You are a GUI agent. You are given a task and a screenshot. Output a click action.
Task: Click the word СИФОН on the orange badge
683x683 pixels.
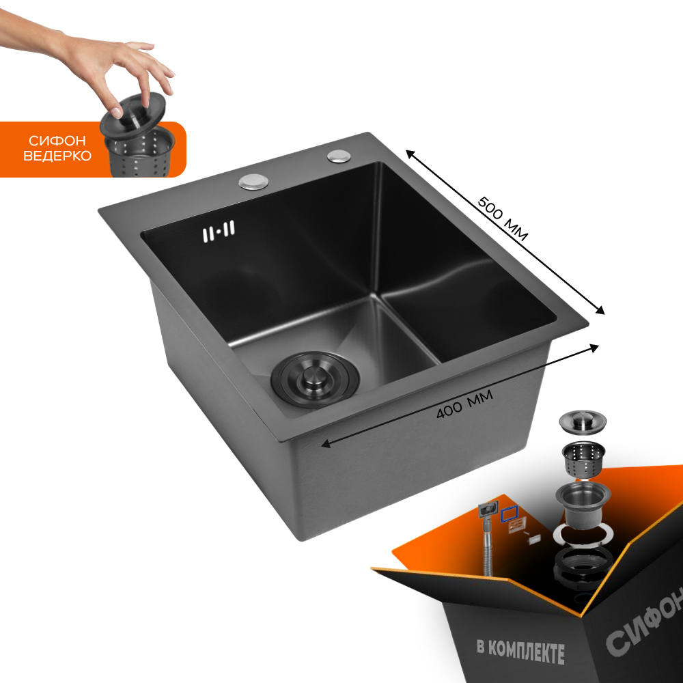point(57,141)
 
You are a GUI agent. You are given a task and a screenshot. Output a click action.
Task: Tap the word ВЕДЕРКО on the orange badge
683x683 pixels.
point(57,156)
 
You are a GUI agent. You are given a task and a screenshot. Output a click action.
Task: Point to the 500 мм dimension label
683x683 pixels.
point(503,219)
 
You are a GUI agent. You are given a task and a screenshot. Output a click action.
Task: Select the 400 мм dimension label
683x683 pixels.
point(464,404)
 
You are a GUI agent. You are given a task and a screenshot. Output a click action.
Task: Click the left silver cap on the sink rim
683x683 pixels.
point(253,182)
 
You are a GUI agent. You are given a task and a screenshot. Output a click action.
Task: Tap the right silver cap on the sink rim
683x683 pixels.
point(339,156)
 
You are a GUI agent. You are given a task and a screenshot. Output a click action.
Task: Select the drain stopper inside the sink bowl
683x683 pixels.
point(316,379)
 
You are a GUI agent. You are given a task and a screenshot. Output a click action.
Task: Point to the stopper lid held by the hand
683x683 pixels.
point(133,115)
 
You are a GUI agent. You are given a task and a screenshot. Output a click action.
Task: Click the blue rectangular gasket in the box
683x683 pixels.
point(509,514)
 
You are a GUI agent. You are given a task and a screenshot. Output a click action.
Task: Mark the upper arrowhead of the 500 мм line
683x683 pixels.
point(410,153)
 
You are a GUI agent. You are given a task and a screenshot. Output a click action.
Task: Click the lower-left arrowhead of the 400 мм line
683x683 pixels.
point(325,444)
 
